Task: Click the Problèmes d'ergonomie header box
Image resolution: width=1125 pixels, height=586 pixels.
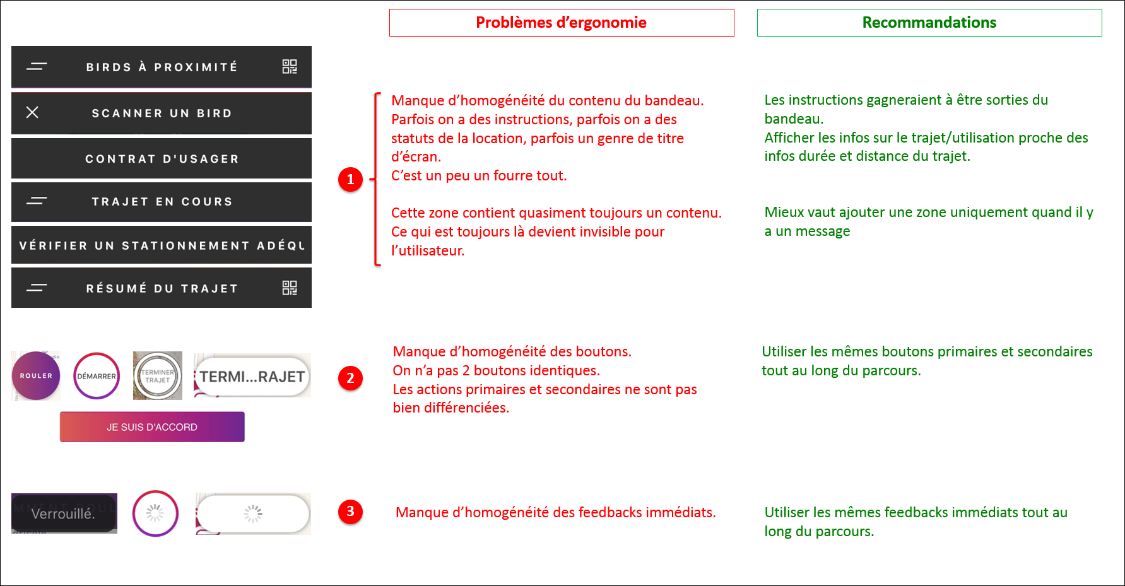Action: point(561,23)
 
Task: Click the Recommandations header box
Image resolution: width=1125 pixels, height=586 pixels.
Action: point(929,23)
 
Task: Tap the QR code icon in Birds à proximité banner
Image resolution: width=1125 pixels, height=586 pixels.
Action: point(290,67)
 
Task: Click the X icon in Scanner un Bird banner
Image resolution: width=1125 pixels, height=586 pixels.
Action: point(32,112)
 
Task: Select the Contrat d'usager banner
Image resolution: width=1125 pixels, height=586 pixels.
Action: point(162,159)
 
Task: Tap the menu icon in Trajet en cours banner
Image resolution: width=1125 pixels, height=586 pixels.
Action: point(37,201)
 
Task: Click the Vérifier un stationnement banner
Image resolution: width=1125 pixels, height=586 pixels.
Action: point(162,245)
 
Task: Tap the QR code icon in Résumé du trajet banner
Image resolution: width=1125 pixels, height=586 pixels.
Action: point(290,288)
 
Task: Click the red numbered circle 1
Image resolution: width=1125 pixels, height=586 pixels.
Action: point(350,180)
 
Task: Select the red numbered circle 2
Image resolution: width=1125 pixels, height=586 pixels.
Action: point(350,378)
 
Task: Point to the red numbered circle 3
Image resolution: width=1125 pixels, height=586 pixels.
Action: point(350,512)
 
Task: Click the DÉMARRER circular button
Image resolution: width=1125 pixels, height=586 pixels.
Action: point(97,376)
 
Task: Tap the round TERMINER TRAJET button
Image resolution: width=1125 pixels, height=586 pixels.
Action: point(158,376)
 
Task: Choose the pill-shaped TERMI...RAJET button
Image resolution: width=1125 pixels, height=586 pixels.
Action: point(252,377)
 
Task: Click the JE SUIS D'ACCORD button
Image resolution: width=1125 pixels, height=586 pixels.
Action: point(152,427)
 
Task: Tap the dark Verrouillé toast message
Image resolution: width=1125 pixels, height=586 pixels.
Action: point(64,513)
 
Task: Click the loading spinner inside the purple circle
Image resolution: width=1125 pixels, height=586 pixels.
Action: point(155,513)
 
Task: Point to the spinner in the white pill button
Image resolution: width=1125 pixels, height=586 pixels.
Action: point(253,513)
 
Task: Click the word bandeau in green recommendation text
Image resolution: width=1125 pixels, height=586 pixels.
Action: point(793,119)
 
